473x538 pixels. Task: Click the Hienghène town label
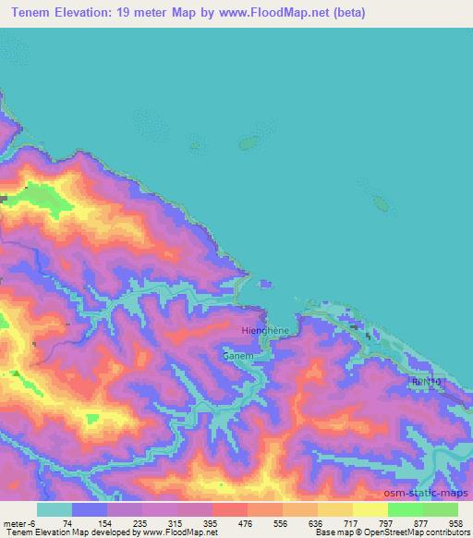pyautogui.click(x=263, y=330)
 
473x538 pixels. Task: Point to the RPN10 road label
pyautogui.click(x=426, y=381)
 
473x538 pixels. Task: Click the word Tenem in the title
pyautogui.click(x=32, y=13)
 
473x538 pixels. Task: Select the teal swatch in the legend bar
pyautogui.click(x=55, y=509)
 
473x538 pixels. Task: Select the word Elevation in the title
pyautogui.click(x=91, y=13)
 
